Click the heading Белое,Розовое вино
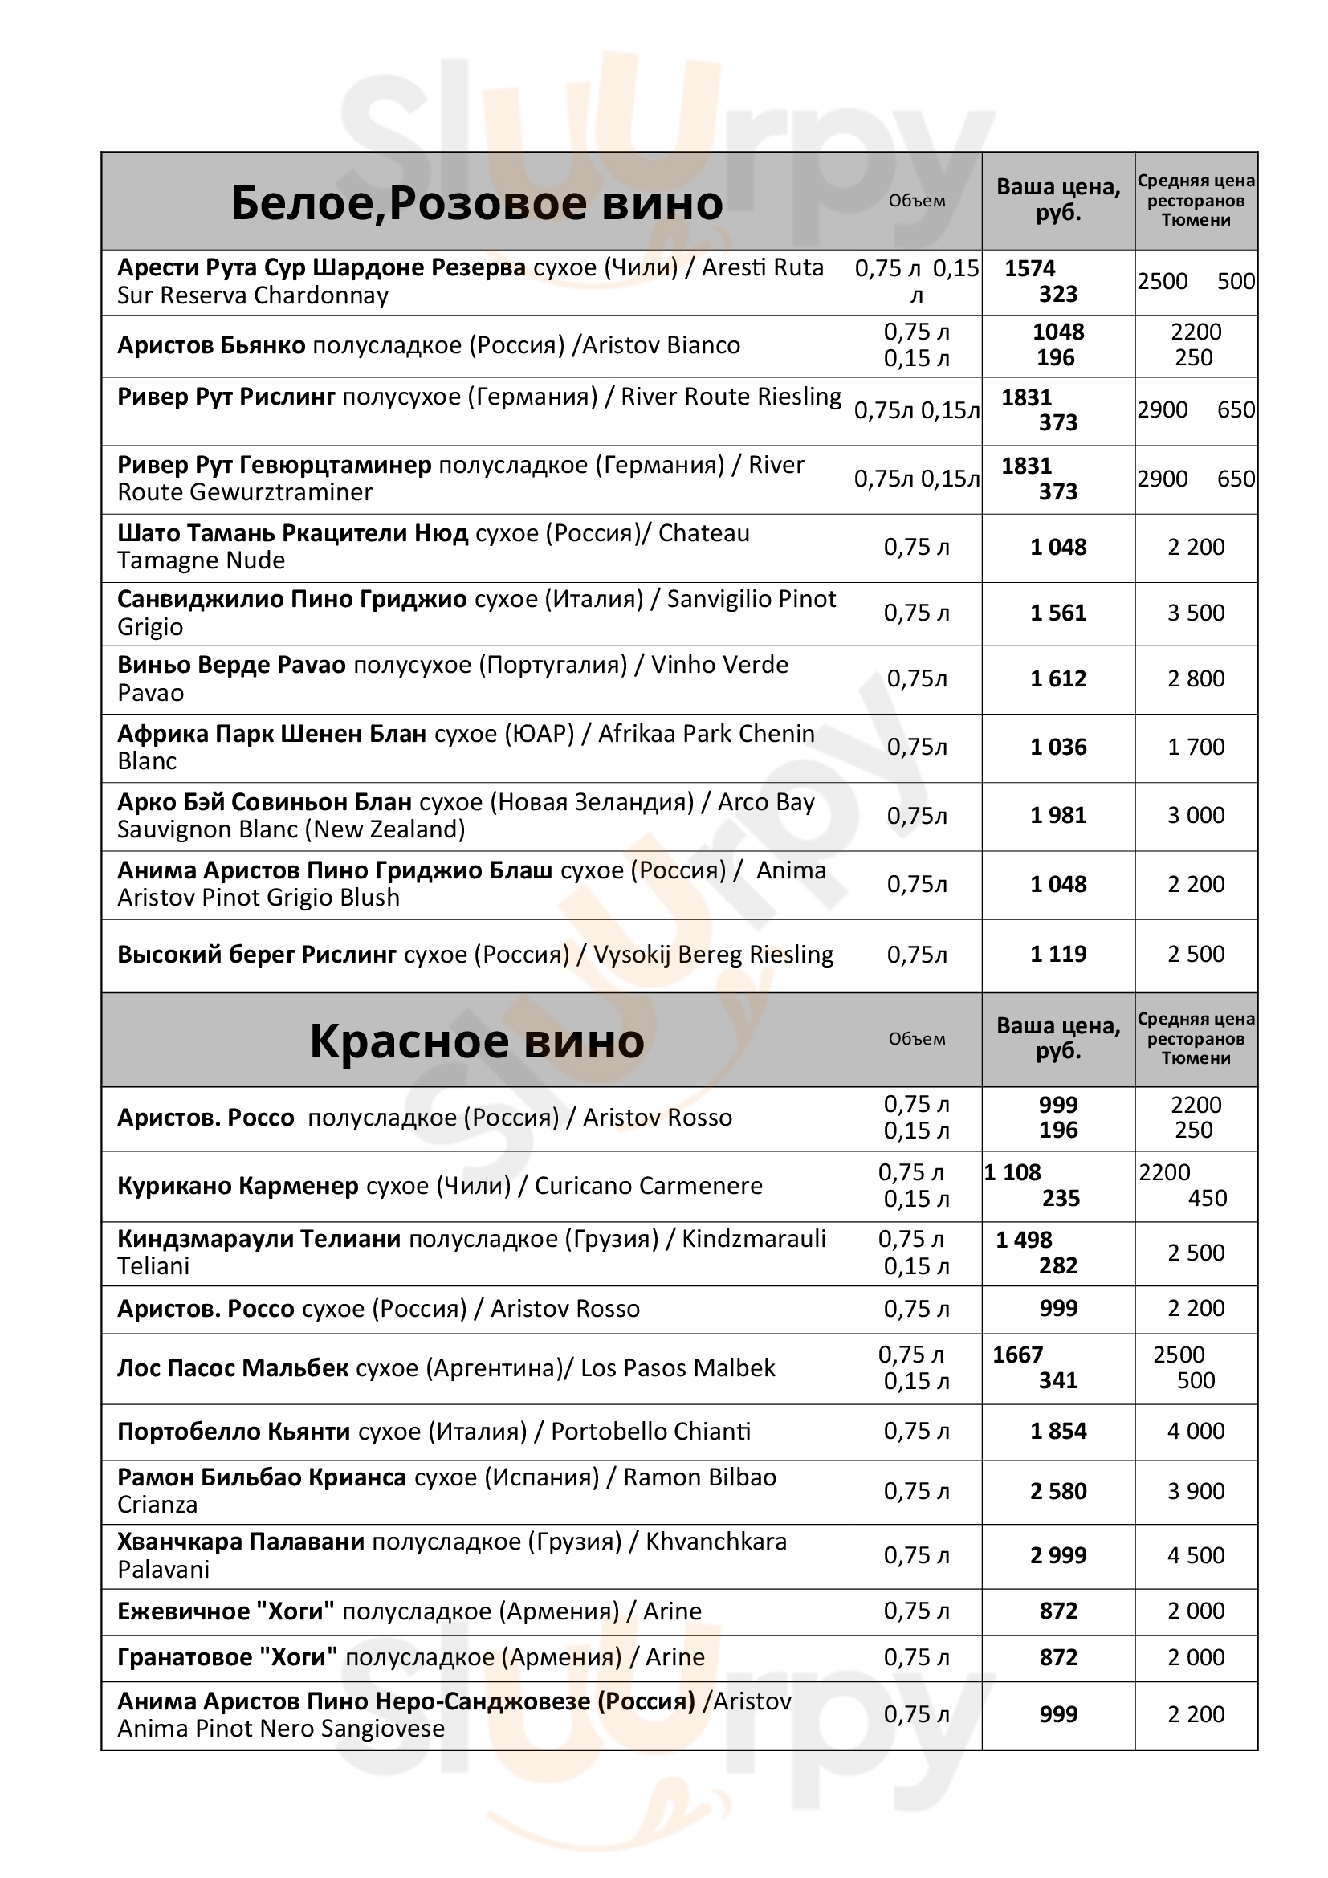pyautogui.click(x=477, y=203)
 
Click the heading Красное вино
pyautogui.click(x=477, y=1041)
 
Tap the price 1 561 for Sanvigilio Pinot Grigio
pyautogui.click(x=1058, y=613)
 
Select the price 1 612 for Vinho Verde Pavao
pyautogui.click(x=1058, y=679)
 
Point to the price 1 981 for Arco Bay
pyautogui.click(x=1058, y=816)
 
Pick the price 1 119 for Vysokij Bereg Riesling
pyautogui.click(x=1058, y=954)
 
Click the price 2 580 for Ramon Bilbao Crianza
pyautogui.click(x=1058, y=1491)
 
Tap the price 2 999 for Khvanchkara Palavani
pyautogui.click(x=1058, y=1555)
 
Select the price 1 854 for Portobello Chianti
pyautogui.click(x=1058, y=1431)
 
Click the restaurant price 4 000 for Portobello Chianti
pyautogui.click(x=1196, y=1431)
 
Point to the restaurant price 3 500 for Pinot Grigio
pyautogui.click(x=1196, y=613)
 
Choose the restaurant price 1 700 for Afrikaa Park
pyautogui.click(x=1196, y=747)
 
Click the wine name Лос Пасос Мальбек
pyautogui.click(x=233, y=1367)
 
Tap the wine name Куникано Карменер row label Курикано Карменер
pyautogui.click(x=238, y=1186)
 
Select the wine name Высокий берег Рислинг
pyautogui.click(x=257, y=955)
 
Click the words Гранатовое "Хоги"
pyautogui.click(x=227, y=1657)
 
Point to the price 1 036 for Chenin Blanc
pyautogui.click(x=1058, y=747)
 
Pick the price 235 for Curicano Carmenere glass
pyautogui.click(x=1061, y=1198)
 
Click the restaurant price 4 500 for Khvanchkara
pyautogui.click(x=1196, y=1555)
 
